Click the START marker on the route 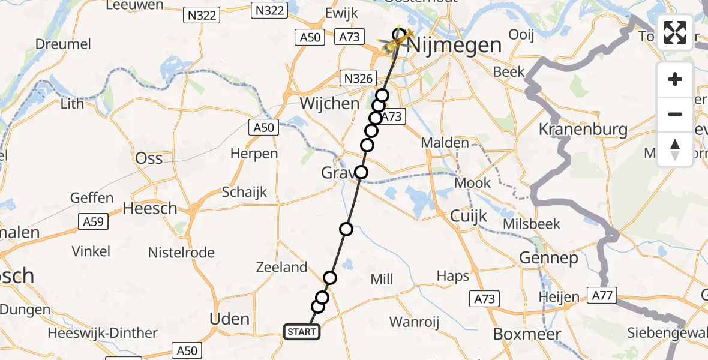point(301,331)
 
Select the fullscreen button point(675,32)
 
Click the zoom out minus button point(675,114)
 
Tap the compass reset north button point(675,149)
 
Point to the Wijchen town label point(329,103)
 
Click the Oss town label point(149,158)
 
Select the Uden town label point(230,319)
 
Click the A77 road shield point(605,295)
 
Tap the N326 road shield point(359,77)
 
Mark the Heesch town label point(150,208)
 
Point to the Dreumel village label point(63,44)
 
